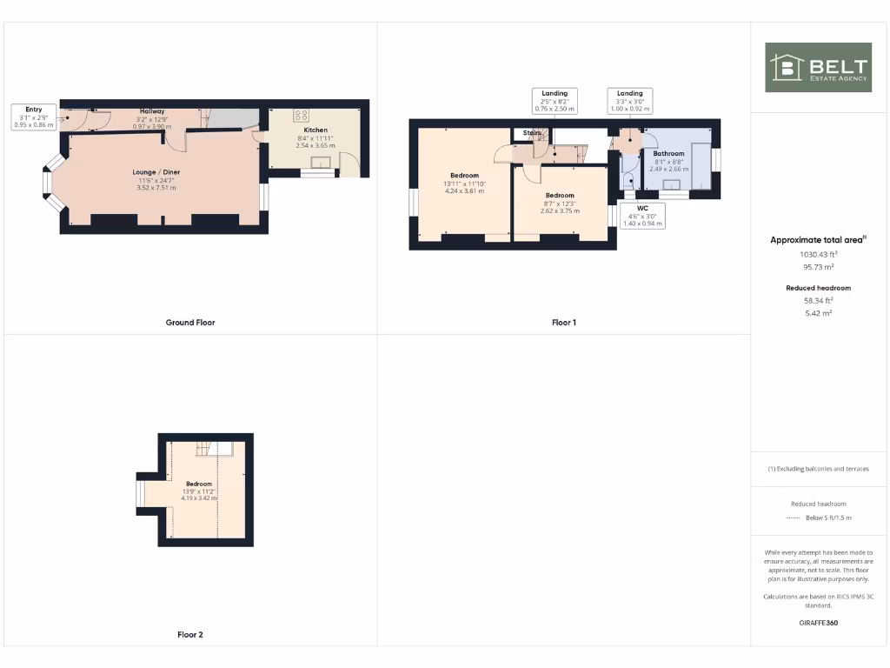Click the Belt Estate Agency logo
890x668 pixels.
[x=817, y=67]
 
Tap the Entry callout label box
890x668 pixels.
[x=34, y=117]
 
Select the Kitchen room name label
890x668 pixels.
[x=315, y=130]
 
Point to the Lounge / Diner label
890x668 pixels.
[x=156, y=172]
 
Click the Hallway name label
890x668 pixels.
[x=153, y=111]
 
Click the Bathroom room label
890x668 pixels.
[x=668, y=154]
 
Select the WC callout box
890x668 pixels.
[x=642, y=216]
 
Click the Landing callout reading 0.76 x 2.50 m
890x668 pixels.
[x=555, y=101]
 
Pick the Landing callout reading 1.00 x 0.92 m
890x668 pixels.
[x=630, y=101]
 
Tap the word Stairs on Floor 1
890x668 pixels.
[x=532, y=133]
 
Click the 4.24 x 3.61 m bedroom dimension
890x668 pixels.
[x=464, y=191]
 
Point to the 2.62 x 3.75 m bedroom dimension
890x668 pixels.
[x=560, y=210]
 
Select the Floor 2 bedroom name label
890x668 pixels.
[x=199, y=484]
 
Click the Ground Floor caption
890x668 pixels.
[x=190, y=323]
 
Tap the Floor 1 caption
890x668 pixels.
[x=564, y=323]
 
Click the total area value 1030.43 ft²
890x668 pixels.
[x=819, y=255]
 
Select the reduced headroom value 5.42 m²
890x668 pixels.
[x=819, y=312]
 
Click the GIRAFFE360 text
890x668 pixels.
[x=819, y=623]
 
